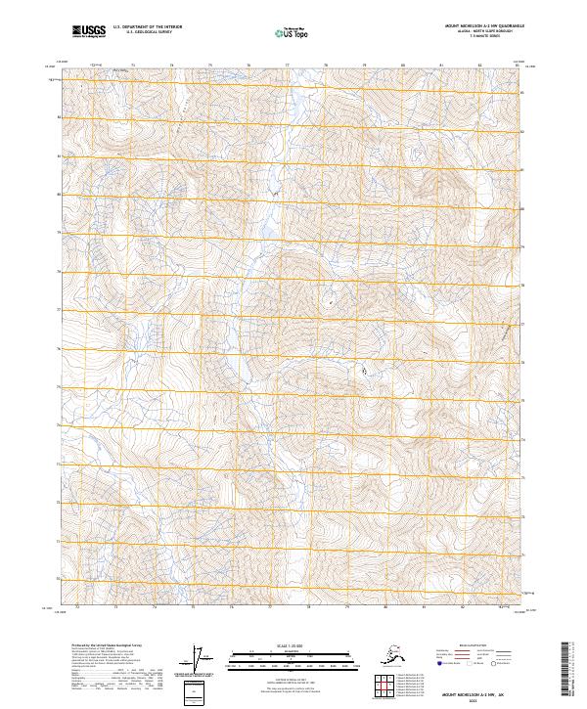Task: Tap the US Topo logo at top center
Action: click(x=293, y=33)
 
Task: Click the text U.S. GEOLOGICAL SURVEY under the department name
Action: click(x=143, y=32)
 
